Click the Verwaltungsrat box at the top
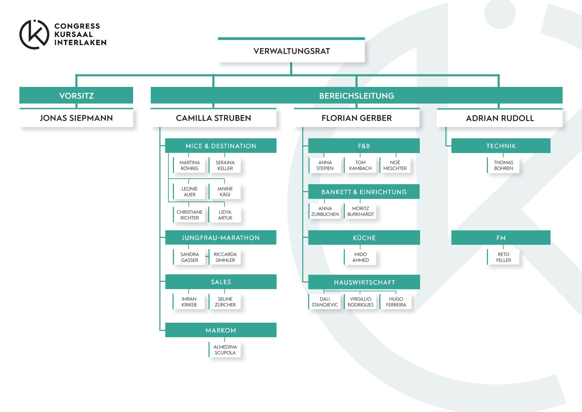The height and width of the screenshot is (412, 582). (x=292, y=51)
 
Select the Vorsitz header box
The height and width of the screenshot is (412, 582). (x=76, y=96)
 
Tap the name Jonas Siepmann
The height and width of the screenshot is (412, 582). (x=76, y=118)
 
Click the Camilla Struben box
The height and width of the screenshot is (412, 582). (x=213, y=118)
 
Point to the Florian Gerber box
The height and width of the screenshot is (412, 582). (x=357, y=118)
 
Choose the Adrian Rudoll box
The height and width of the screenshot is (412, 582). (x=500, y=118)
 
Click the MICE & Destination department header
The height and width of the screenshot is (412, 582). (x=221, y=146)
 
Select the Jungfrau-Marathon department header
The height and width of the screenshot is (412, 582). (x=221, y=238)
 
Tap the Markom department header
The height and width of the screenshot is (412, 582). (x=221, y=330)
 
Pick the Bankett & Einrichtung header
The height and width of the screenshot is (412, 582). (x=364, y=192)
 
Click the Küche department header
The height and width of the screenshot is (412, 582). (x=364, y=238)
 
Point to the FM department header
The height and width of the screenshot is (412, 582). (x=501, y=238)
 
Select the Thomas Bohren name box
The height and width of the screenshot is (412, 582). (x=504, y=165)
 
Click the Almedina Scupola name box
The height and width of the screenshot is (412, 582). (x=225, y=350)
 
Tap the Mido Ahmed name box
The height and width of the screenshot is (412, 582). (x=360, y=257)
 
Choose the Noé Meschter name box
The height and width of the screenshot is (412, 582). (x=395, y=165)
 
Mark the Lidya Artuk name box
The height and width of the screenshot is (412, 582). (x=225, y=215)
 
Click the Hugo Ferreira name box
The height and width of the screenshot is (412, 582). (x=396, y=302)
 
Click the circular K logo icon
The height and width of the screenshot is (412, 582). (x=34, y=35)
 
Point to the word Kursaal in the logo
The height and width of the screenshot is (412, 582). (x=73, y=34)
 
